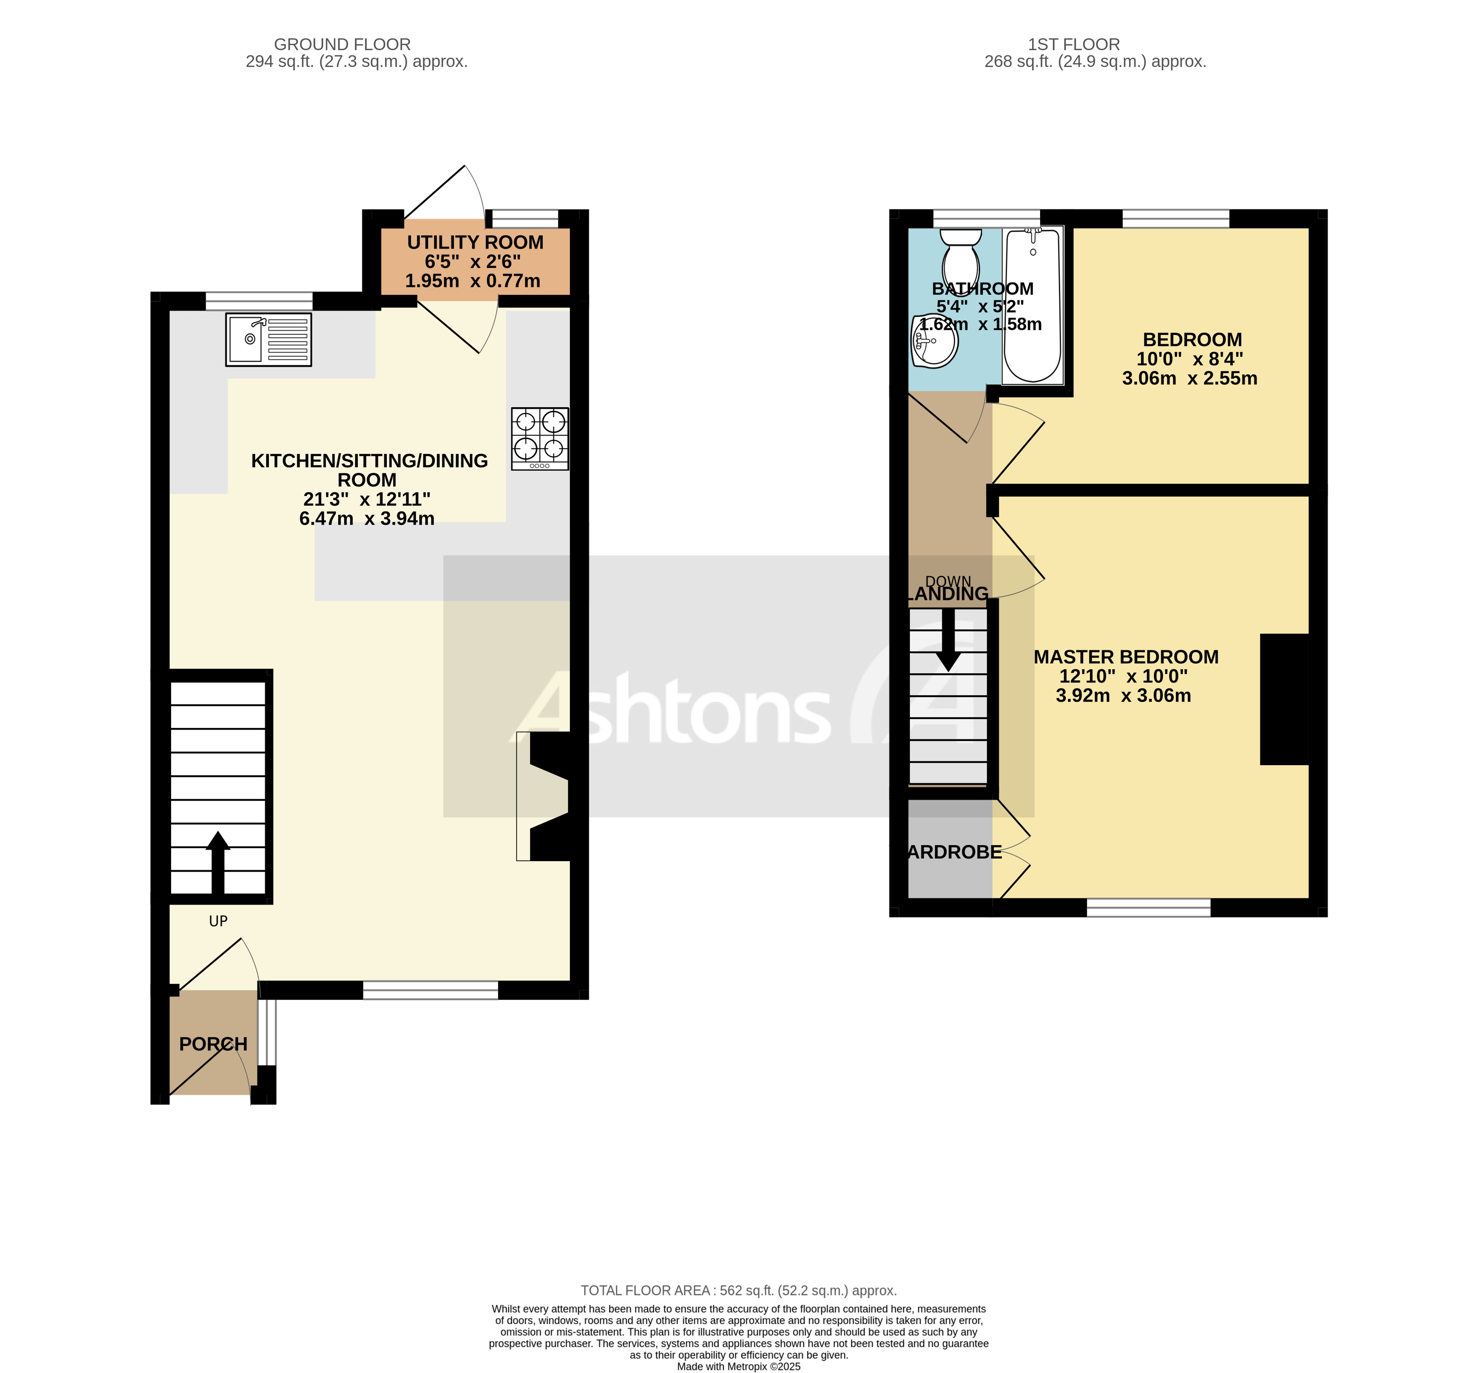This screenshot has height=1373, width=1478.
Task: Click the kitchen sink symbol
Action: tap(268, 340)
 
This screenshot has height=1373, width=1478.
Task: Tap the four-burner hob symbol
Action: tap(539, 438)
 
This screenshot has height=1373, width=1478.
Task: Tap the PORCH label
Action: tap(213, 1044)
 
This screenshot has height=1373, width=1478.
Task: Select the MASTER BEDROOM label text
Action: tap(1126, 657)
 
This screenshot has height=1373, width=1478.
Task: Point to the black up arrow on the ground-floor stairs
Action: tap(218, 862)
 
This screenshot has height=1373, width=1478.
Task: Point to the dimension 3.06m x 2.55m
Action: tap(1189, 378)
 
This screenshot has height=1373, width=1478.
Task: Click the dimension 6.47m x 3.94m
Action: tap(366, 519)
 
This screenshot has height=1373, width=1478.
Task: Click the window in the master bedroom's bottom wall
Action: tap(1148, 907)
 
